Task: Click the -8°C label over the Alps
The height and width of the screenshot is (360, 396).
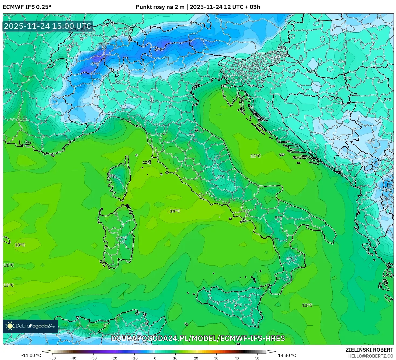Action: point(158,50)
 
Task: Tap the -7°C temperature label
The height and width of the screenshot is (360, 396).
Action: point(94,64)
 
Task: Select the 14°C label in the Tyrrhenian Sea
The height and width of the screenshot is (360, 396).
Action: point(175,211)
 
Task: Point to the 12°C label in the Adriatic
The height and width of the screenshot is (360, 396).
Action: point(255,156)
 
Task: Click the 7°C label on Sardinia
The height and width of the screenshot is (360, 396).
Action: point(123,238)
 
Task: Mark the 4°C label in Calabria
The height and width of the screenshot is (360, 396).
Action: point(290,258)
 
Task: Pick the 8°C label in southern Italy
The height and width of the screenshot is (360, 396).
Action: point(278,218)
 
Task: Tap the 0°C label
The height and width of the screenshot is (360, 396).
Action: point(313,71)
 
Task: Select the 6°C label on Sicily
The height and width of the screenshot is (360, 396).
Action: point(238,305)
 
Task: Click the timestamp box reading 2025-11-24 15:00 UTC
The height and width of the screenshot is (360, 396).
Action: point(48,26)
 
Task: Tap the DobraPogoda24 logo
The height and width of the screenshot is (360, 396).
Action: point(31,326)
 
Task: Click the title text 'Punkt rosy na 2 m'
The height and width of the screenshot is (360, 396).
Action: point(160,7)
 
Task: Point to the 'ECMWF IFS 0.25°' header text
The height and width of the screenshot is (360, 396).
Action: point(27,7)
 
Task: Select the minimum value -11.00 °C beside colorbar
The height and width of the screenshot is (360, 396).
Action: point(31,355)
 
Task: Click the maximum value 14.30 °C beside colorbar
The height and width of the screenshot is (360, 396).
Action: point(287,355)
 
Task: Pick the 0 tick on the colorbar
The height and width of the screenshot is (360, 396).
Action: point(155,358)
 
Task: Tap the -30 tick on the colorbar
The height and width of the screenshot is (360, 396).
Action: point(93,358)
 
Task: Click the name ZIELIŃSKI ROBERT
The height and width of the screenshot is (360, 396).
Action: point(369,350)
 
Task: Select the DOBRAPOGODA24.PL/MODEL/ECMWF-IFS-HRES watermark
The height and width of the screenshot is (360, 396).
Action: point(198,338)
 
